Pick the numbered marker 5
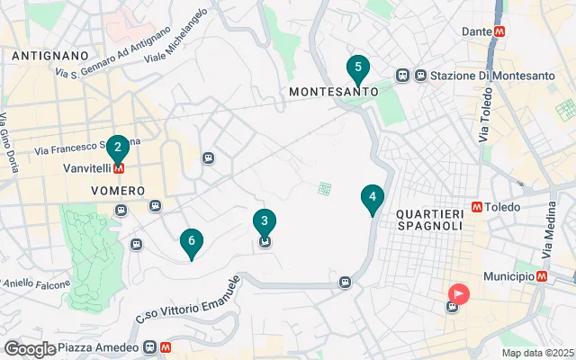tap(358, 68)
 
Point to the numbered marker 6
tap(191, 241)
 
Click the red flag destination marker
tap(459, 293)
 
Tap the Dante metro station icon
tap(499, 31)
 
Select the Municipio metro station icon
tap(542, 276)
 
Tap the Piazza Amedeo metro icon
tap(166, 346)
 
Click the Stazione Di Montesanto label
tap(492, 76)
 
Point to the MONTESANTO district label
tap(333, 92)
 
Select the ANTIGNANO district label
tap(50, 56)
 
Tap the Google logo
tap(30, 349)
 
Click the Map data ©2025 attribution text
tap(537, 353)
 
